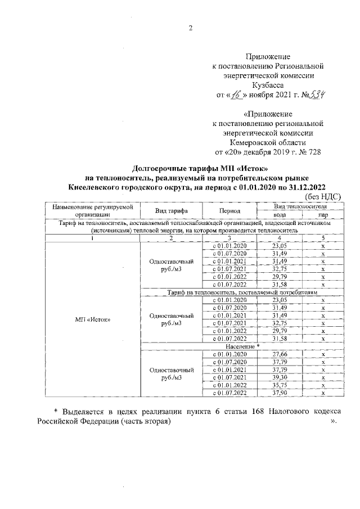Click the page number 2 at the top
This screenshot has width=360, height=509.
click(x=190, y=29)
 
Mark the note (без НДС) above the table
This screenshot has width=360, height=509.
click(x=322, y=196)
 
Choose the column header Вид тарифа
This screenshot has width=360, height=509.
click(x=171, y=211)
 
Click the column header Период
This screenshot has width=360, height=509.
click(x=230, y=211)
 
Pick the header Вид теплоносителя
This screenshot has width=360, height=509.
click(x=301, y=206)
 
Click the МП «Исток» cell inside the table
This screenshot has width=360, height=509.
click(x=93, y=319)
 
